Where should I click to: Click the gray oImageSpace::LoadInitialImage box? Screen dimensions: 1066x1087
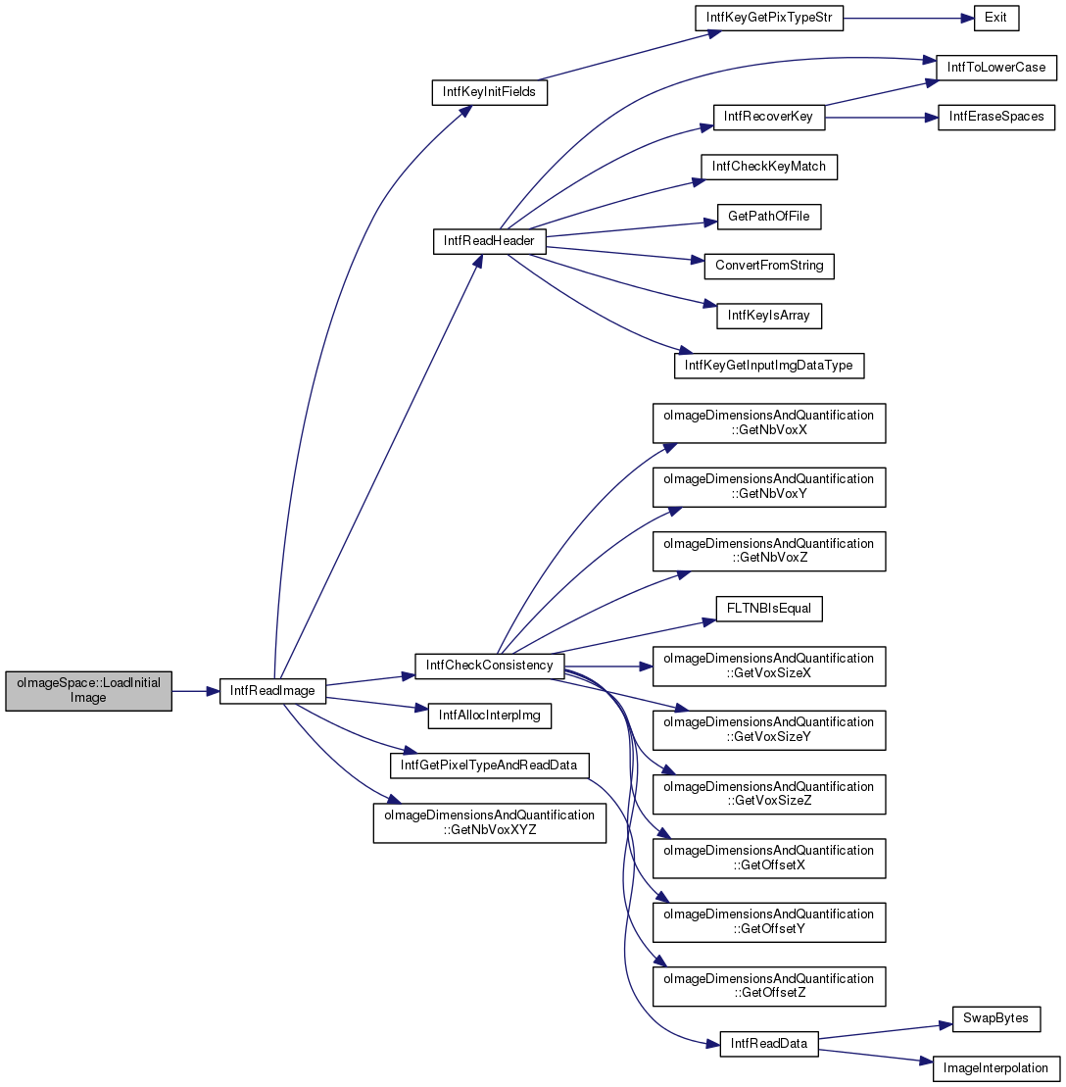pyautogui.click(x=89, y=690)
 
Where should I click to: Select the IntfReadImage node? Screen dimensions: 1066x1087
pyautogui.click(x=272, y=691)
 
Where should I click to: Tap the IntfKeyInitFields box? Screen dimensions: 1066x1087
pyautogui.click(x=489, y=92)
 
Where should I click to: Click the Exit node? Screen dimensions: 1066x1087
pyautogui.click(x=996, y=18)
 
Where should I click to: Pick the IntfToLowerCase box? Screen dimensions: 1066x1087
pyautogui.click(x=996, y=68)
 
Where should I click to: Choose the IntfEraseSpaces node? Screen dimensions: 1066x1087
pyautogui.click(x=996, y=117)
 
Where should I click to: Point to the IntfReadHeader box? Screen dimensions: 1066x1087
pyautogui.click(x=489, y=241)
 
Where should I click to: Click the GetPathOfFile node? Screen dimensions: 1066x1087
pyautogui.click(x=769, y=217)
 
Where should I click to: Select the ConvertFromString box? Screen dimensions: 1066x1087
pyautogui.click(x=769, y=267)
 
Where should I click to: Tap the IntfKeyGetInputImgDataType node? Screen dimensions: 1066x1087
pyautogui.click(x=769, y=366)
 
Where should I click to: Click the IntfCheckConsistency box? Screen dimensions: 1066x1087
pyautogui.click(x=489, y=666)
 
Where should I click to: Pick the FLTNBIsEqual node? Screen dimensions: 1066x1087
pyautogui.click(x=769, y=609)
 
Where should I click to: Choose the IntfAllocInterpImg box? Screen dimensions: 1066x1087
pyautogui.click(x=489, y=716)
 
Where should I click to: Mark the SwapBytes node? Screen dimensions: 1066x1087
pyautogui.click(x=996, y=1019)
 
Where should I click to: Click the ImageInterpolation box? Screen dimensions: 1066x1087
pyautogui.click(x=996, y=1068)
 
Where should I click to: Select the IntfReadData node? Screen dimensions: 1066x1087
pyautogui.click(x=769, y=1044)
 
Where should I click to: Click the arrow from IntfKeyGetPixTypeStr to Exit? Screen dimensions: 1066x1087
pyautogui.click(x=908, y=18)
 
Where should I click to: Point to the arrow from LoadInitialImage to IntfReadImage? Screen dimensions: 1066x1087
pyautogui.click(x=195, y=691)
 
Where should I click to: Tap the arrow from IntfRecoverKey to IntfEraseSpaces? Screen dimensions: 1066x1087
pyautogui.click(x=881, y=118)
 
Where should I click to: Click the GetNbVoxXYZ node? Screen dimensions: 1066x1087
pyautogui.click(x=489, y=823)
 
